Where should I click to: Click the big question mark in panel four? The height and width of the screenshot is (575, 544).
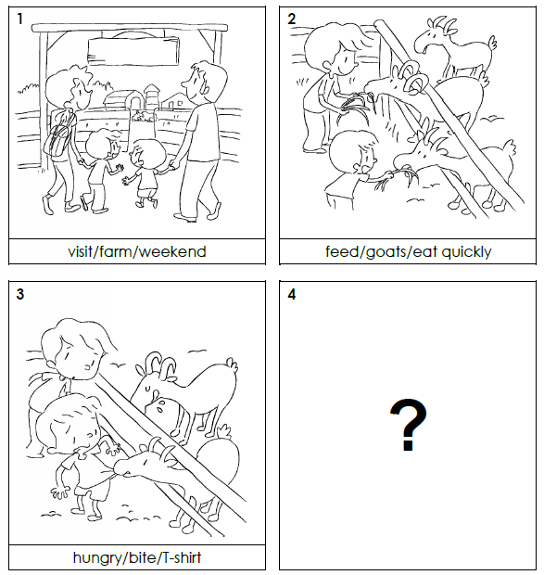click(x=408, y=424)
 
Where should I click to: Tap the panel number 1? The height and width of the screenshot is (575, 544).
click(x=19, y=19)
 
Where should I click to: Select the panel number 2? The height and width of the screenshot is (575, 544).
click(x=291, y=19)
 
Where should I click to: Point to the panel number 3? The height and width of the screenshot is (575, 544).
click(x=20, y=294)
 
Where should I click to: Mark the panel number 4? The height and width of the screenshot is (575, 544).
click(x=292, y=294)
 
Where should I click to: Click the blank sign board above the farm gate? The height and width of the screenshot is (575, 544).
click(x=133, y=51)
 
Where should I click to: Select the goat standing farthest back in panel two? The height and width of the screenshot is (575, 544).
click(x=454, y=47)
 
